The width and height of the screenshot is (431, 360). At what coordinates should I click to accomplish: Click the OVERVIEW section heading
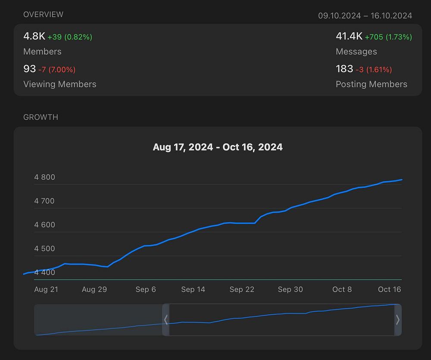pos(43,15)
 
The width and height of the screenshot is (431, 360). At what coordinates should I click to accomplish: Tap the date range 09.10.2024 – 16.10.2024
pos(365,16)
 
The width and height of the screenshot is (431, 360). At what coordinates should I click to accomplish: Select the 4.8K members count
pos(34,36)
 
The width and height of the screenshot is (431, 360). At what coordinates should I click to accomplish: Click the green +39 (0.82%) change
pos(70,37)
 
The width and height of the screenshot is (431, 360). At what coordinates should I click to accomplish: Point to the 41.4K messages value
pos(349,36)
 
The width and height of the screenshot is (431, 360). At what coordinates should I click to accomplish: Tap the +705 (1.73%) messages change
pos(388,37)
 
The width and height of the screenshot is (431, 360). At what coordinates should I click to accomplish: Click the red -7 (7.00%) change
pos(57,69)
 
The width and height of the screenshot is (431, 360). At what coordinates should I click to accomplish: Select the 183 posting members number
pos(344,68)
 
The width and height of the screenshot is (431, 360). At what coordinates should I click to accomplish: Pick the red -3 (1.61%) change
pos(374,69)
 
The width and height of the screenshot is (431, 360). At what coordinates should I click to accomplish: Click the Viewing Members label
pos(60,84)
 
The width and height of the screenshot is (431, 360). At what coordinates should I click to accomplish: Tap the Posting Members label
pos(372,84)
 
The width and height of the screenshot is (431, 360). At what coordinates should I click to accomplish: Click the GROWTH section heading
pos(41,117)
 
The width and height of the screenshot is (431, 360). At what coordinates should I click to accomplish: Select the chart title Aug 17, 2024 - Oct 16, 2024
pos(218,147)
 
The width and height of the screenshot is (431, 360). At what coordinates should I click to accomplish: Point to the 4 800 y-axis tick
pos(44,177)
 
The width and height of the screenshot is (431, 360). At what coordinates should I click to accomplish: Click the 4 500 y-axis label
pos(44,248)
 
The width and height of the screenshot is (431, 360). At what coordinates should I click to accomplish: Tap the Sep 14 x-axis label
pos(193,289)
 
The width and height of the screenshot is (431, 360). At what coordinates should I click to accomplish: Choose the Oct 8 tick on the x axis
pos(342,289)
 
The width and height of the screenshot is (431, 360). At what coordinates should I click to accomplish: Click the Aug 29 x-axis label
pos(94,289)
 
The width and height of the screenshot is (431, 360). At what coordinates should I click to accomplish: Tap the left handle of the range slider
pos(166,320)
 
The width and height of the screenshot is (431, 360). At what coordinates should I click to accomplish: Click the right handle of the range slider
pos(398,320)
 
